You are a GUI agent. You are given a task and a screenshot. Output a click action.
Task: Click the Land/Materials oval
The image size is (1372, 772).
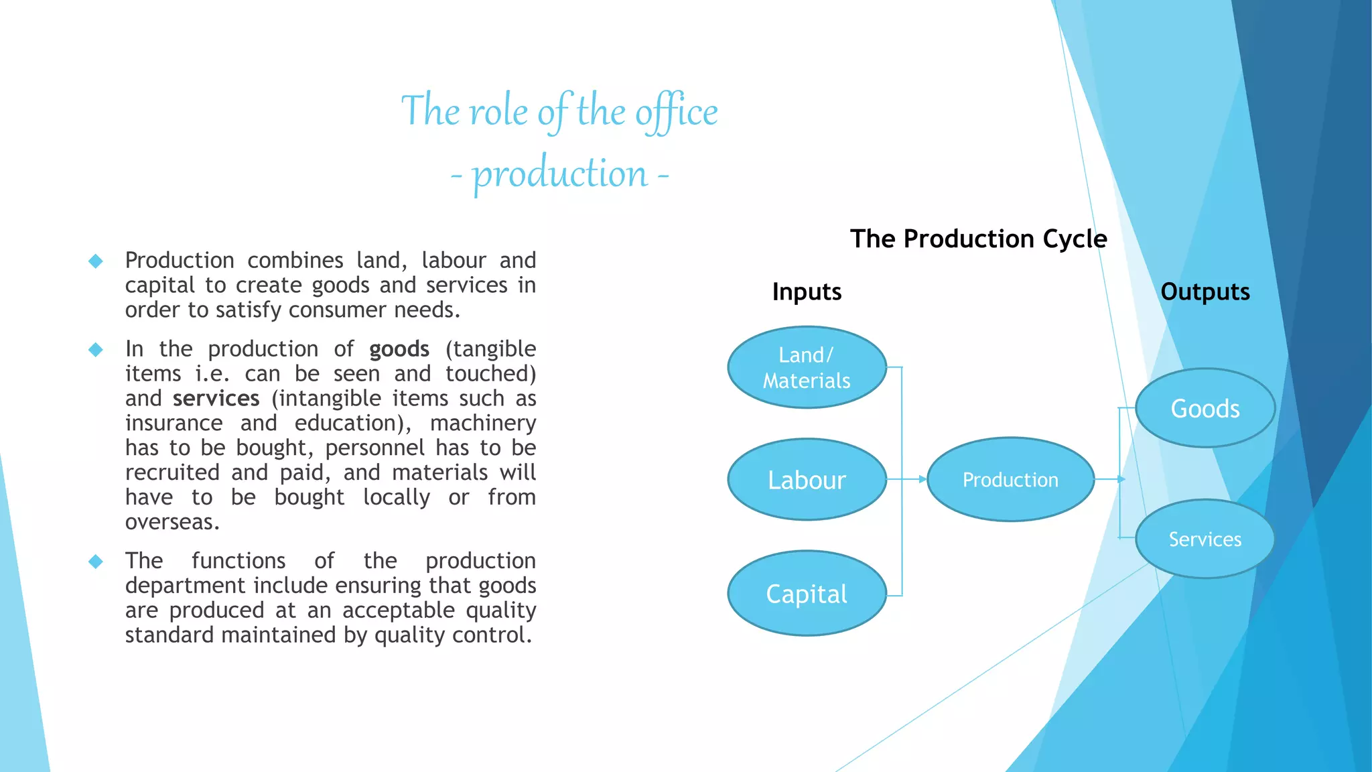coord(807,367)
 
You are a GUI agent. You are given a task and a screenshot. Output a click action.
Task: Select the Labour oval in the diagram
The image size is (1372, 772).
coord(807,480)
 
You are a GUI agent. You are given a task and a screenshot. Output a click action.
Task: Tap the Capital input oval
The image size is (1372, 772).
coord(807,594)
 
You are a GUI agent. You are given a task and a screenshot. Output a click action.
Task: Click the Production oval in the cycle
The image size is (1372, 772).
coord(1010,480)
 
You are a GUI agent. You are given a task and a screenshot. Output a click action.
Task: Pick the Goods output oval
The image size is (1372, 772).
coord(1205,408)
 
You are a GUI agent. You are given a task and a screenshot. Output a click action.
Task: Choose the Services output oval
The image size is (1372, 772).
coord(1205,539)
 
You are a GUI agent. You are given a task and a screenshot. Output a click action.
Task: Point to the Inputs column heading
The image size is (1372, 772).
coord(807,292)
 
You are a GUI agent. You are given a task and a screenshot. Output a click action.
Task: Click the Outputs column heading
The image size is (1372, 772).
coord(1205,292)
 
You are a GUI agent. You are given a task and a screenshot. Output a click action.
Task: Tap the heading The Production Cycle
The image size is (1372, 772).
coord(978,239)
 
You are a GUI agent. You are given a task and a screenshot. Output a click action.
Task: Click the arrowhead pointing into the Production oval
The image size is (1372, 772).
coord(922,479)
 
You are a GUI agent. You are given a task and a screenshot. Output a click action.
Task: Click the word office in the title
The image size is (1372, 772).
coord(676,112)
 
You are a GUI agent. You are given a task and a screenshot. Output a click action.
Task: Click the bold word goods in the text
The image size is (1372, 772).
coord(399,349)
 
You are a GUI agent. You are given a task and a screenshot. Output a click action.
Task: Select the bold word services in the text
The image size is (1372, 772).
coord(216,399)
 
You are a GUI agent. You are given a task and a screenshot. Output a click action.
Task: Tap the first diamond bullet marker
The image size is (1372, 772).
coord(96,261)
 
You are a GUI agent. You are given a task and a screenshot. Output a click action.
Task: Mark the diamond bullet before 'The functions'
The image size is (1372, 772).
coord(96,561)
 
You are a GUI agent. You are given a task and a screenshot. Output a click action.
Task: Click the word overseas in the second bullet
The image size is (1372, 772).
coord(171,522)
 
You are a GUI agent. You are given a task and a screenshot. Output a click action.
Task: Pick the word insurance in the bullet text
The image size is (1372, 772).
coord(174,424)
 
